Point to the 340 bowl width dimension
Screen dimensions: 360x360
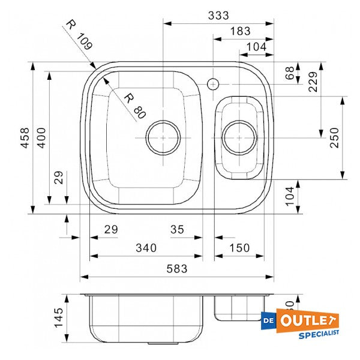[146, 248]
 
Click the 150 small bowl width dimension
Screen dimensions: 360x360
[239, 248]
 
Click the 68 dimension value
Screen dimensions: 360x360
[290, 74]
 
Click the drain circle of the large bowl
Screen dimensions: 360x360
[163, 137]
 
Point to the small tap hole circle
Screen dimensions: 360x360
[213, 83]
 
